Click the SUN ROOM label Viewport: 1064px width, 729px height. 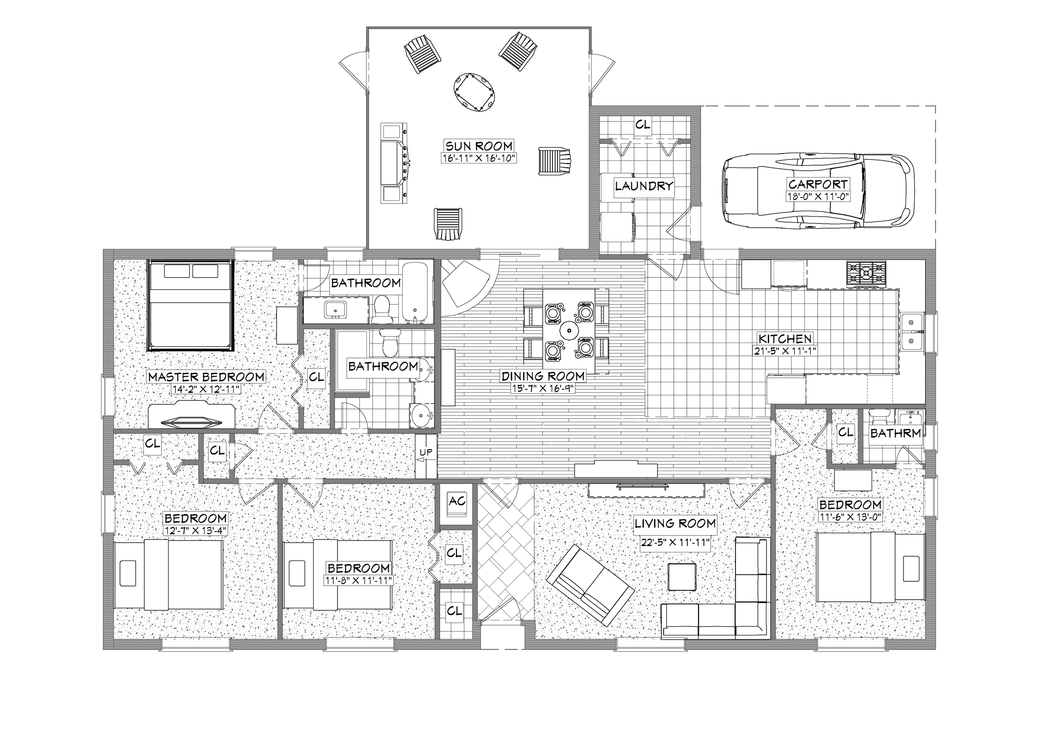pos(479,146)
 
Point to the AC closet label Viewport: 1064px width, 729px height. pos(457,501)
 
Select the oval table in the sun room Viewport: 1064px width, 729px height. pos(475,91)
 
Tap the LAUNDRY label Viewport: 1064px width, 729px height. pos(643,186)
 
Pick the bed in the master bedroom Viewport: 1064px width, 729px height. pos(190,306)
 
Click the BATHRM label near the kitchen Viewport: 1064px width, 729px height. pos(895,433)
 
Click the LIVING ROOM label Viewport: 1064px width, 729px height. pos(675,523)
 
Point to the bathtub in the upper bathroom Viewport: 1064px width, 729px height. pos(415,292)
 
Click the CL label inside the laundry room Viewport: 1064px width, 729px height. pos(643,125)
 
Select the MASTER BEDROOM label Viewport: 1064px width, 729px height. pos(206,377)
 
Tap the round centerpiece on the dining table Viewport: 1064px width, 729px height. pos(569,329)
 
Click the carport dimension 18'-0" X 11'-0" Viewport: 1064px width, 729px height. pos(818,197)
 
